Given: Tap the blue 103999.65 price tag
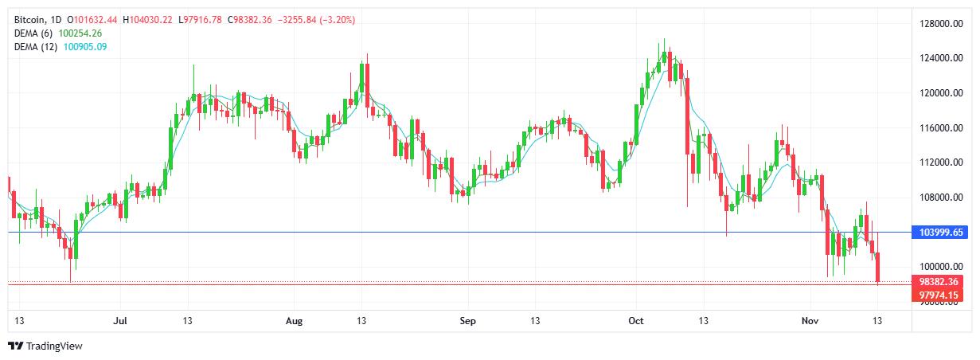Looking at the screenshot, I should tap(939, 232).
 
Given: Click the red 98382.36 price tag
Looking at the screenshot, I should tap(939, 282).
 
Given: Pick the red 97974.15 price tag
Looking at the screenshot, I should tap(939, 295).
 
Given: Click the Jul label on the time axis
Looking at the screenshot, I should tap(121, 321).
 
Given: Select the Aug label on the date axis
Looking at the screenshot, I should tap(295, 321).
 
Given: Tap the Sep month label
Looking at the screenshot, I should tap(467, 321).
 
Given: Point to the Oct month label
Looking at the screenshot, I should tap(635, 321).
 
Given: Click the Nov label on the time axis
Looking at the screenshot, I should tap(810, 321).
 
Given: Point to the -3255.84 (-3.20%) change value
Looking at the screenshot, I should tap(316, 19).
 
